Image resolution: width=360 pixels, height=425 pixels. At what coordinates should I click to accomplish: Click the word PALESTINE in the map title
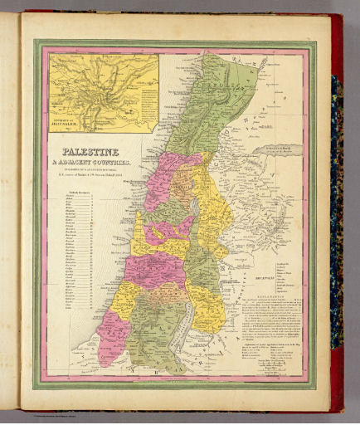tap(91, 153)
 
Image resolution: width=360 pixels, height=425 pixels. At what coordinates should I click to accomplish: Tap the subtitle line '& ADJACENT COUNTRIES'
tap(91, 164)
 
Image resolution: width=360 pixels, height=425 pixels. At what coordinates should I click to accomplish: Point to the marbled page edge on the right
tap(337, 208)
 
